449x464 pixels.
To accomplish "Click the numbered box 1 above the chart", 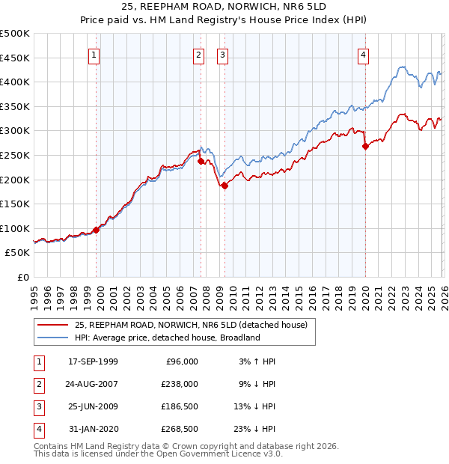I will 94,54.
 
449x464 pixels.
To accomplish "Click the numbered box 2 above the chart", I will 198,54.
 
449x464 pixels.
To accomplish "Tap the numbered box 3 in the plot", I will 223,54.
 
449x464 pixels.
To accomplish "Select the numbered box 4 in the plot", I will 363,54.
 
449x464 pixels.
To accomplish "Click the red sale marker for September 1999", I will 97,230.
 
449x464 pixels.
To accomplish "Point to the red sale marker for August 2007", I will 201,161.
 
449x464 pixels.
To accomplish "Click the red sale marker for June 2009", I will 224,186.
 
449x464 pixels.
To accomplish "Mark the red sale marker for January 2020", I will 365,147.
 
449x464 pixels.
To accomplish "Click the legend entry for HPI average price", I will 166,338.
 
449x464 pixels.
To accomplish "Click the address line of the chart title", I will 224,7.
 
